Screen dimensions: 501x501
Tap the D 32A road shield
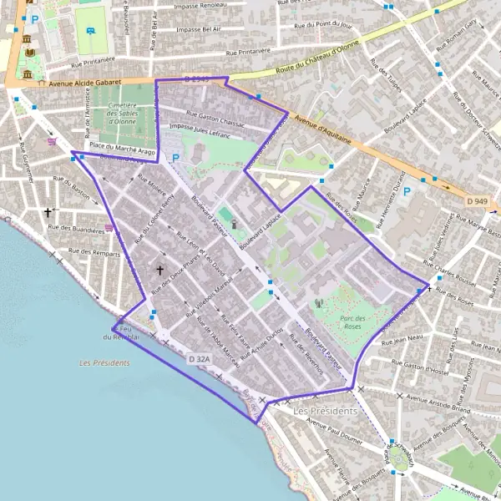(200, 358)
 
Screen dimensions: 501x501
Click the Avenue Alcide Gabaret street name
(84, 83)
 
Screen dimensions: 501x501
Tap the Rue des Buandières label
(77, 227)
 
